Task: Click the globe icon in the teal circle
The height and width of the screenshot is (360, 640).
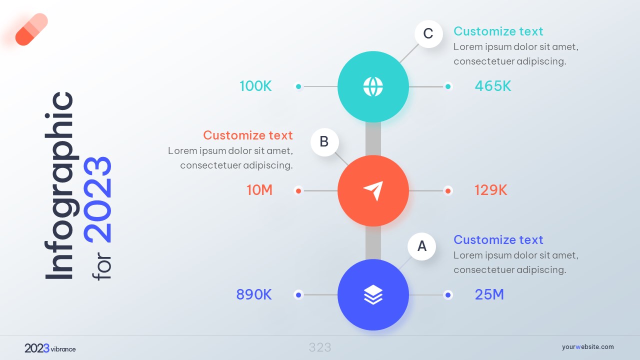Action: [373, 86]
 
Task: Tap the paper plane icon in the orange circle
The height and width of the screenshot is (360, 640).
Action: [373, 190]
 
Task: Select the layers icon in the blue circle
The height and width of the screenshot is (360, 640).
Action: [373, 295]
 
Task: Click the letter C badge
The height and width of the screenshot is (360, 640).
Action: [428, 34]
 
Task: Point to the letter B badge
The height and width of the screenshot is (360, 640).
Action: [324, 142]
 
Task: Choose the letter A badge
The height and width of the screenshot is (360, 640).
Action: [422, 246]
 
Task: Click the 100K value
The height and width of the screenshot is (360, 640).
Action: [255, 86]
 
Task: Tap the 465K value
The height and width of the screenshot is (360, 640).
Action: [493, 86]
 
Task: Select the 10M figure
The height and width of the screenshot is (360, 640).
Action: [259, 190]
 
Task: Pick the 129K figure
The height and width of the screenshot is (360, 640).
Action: [491, 190]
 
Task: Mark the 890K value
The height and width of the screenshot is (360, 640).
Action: [254, 295]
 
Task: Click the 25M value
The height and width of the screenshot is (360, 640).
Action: [489, 295]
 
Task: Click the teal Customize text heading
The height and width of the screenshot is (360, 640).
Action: [498, 31]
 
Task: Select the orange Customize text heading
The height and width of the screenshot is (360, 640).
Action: [248, 135]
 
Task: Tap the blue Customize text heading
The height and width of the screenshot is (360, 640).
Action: [498, 240]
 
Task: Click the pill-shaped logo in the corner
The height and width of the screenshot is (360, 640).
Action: [31, 29]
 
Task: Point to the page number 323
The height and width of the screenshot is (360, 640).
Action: [320, 347]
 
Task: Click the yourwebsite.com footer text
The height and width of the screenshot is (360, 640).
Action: [587, 347]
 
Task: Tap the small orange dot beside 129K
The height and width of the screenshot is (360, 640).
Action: [448, 190]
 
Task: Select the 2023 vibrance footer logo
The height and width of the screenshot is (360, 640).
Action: [50, 348]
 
